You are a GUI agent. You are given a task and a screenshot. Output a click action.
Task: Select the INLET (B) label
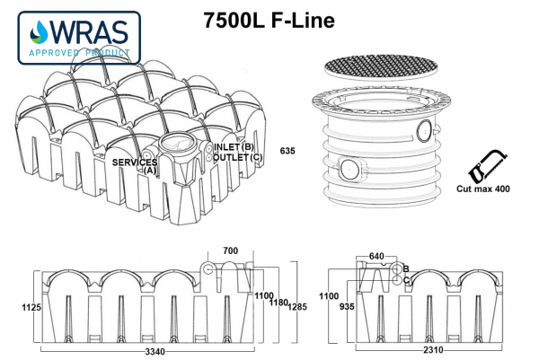pyautogui.click(x=233, y=146)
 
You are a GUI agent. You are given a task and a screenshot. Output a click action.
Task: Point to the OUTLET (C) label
pyautogui.click(x=238, y=157)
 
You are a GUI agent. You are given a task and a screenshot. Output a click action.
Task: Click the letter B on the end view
pyautogui.click(x=406, y=268)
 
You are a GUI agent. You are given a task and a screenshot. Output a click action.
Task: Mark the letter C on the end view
pyautogui.click(x=406, y=280)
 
